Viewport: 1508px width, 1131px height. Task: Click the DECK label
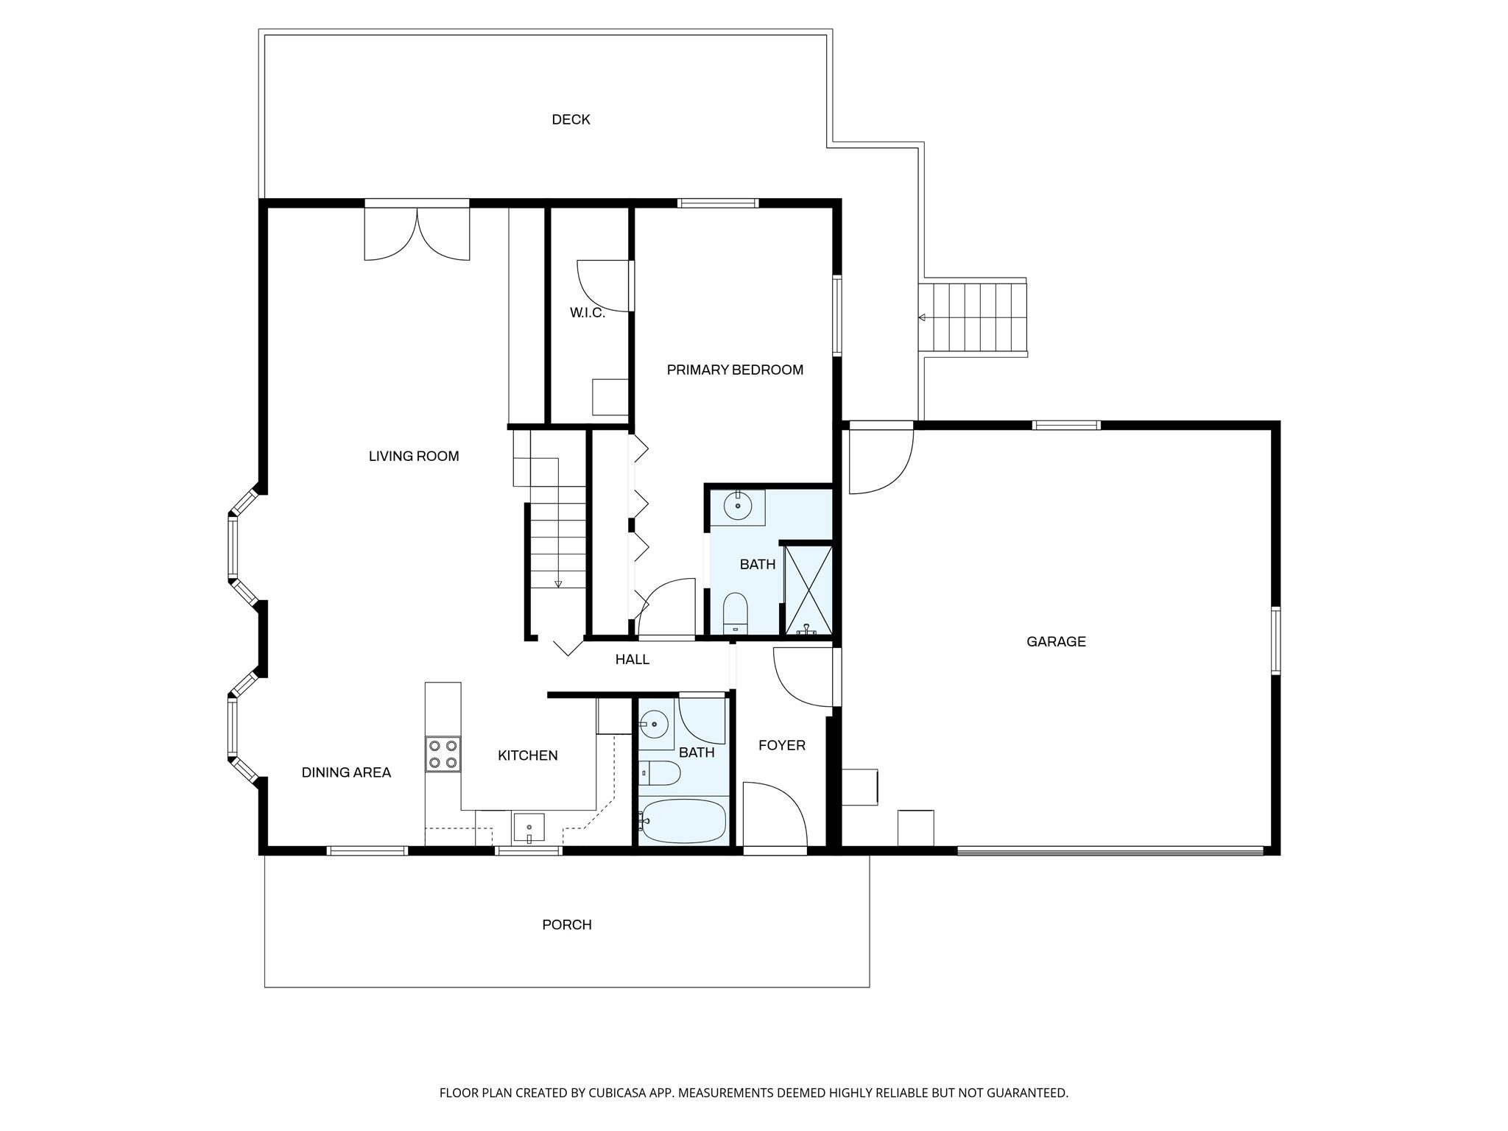click(x=571, y=119)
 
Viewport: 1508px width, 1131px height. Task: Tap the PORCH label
click(x=566, y=925)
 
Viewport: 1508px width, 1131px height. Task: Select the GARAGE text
click(x=1056, y=641)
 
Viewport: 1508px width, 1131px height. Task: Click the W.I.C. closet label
click(x=587, y=313)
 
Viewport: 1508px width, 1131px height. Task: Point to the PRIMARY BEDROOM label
click(x=734, y=370)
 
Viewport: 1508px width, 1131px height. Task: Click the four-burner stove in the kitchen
click(x=443, y=754)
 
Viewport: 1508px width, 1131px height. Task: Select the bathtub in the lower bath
click(x=683, y=821)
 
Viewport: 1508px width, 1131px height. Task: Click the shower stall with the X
click(x=808, y=590)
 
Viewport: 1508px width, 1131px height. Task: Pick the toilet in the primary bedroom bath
click(x=735, y=613)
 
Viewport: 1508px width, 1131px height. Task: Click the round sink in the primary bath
click(x=737, y=507)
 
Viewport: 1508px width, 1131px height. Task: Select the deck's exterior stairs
click(x=973, y=318)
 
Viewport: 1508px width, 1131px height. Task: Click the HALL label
click(x=632, y=660)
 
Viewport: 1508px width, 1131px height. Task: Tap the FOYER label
click(x=781, y=745)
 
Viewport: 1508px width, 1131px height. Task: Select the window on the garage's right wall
click(x=1275, y=641)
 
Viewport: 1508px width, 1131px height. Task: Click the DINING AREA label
click(x=346, y=772)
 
